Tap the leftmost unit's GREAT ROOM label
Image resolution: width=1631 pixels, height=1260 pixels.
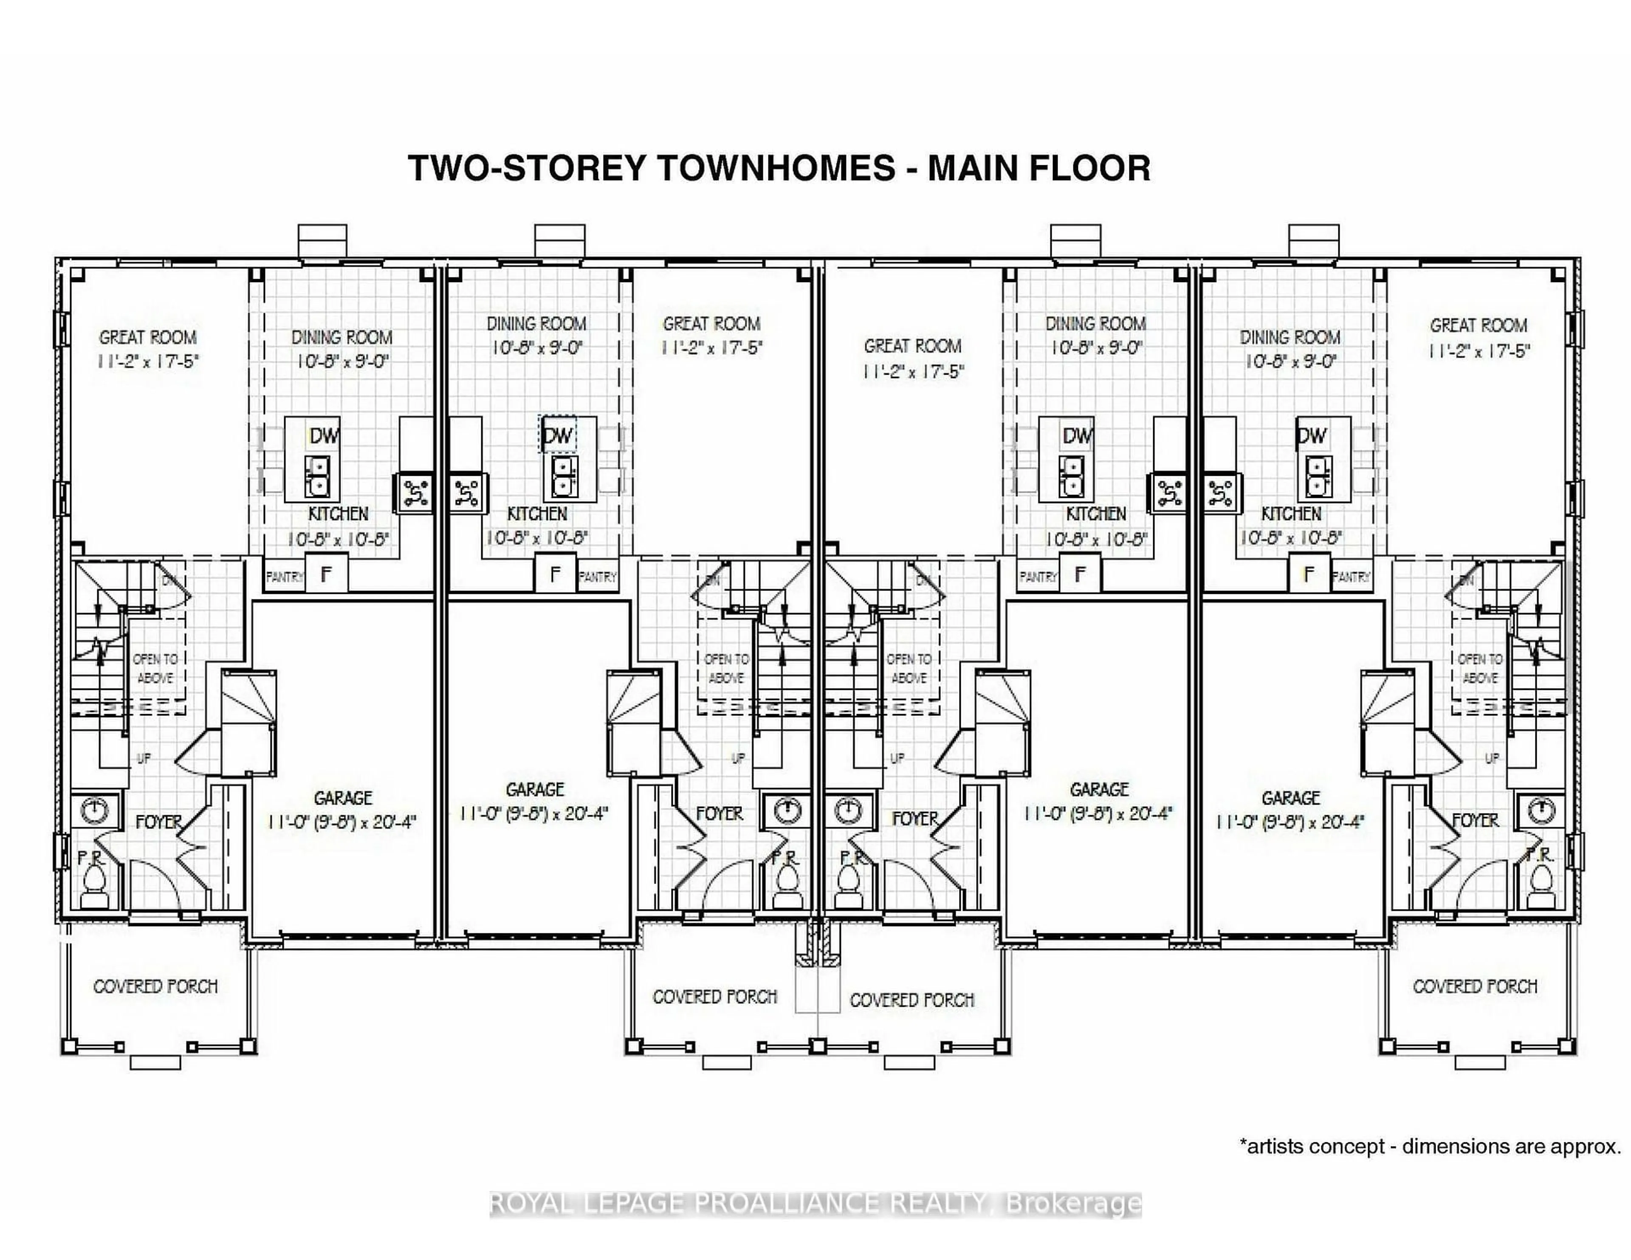pos(148,338)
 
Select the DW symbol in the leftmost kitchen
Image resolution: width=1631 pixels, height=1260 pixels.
pos(323,435)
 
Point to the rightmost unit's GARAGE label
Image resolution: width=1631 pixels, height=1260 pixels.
pos(1290,798)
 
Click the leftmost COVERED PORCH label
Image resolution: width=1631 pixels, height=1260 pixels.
pos(155,987)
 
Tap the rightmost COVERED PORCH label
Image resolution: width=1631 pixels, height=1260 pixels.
pos(1475,987)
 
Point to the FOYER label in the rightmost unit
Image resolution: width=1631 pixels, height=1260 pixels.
pos(1475,820)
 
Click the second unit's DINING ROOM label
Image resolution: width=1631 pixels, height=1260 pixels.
pos(536,323)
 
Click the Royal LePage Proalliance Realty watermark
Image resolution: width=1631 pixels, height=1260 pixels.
pos(815,1203)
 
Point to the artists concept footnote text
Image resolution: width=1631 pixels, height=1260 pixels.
pos(1430,1147)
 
